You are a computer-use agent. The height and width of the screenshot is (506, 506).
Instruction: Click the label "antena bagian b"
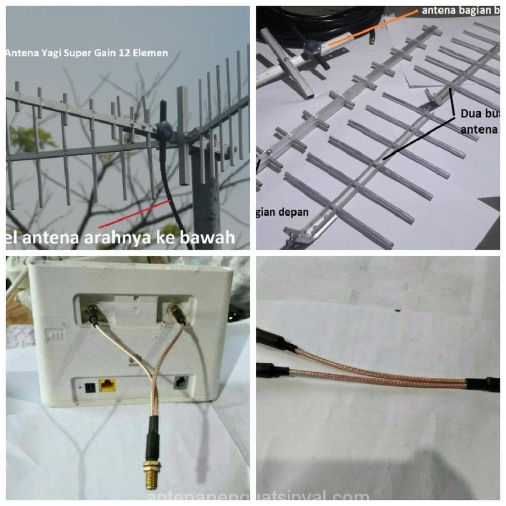pos(458,11)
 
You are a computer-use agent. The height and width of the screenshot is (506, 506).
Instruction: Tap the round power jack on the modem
pos(88,387)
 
